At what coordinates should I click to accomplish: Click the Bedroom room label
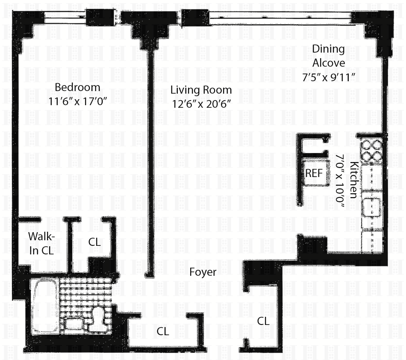point(77,87)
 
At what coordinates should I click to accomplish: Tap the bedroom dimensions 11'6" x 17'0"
point(78,101)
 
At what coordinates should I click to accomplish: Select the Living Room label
point(201,90)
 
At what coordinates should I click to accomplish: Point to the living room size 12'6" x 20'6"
point(201,104)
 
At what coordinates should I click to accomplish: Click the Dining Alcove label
point(329,56)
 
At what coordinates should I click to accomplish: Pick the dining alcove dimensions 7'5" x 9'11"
point(328,77)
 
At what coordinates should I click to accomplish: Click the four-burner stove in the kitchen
point(371,150)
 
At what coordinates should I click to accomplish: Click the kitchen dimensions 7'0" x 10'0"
point(340,181)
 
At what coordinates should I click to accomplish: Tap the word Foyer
point(203,272)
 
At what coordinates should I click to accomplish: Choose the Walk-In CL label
point(41,244)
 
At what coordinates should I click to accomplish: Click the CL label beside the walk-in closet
point(94,242)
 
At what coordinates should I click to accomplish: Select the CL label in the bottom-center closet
point(163,331)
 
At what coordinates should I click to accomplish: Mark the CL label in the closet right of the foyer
point(263,322)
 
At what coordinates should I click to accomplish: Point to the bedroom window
point(65,18)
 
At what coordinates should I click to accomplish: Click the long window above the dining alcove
point(279,18)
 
